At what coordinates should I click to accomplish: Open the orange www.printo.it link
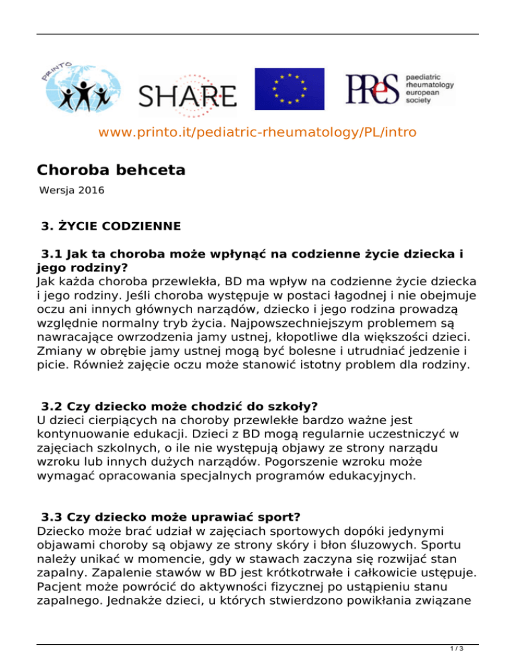pos(257,132)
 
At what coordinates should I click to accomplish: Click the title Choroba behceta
pos(111,170)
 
